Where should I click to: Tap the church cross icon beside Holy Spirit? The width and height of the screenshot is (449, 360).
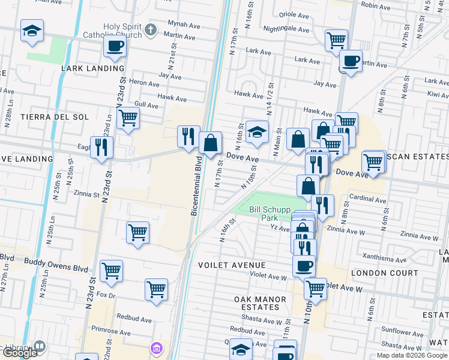[152, 28]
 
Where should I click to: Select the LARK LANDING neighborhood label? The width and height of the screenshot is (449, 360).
[92, 68]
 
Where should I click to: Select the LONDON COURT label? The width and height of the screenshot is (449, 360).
[384, 273]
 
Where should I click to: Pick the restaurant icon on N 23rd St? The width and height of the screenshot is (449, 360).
[101, 146]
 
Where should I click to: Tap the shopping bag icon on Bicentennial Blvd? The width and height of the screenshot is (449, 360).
[210, 143]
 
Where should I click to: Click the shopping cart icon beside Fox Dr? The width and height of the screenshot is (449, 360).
[156, 290]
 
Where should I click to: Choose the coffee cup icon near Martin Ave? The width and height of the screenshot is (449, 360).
[351, 60]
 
